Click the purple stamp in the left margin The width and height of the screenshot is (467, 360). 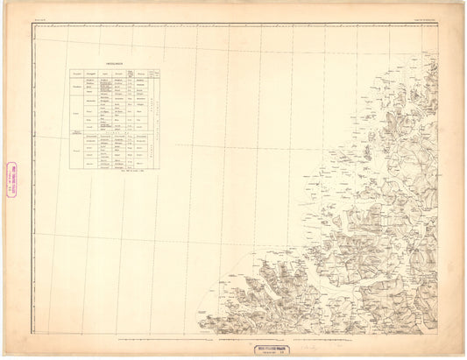(13, 180)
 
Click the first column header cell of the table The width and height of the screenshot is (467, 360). (77, 74)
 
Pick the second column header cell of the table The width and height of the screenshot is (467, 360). (91, 74)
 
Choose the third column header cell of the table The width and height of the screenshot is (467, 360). (105, 74)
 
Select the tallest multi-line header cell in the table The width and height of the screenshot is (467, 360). (131, 74)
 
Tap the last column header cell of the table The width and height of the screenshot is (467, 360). (158, 74)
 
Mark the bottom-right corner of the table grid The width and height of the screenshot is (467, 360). (162, 173)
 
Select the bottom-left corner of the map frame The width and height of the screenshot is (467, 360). (33, 336)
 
